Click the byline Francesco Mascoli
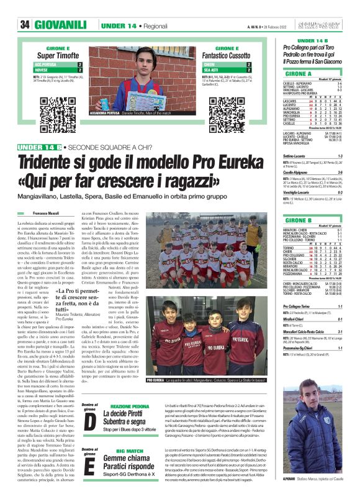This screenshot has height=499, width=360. coord(49,213)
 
